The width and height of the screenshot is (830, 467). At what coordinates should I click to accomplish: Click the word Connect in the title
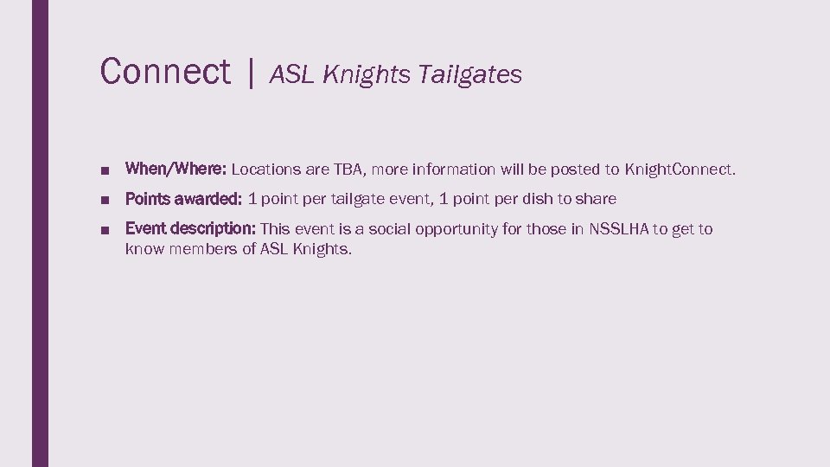(165, 71)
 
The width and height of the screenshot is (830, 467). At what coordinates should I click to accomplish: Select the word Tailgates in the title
(469, 75)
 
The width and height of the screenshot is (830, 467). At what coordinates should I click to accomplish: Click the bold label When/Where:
(176, 169)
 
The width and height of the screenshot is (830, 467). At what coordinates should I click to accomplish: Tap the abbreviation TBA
(350, 170)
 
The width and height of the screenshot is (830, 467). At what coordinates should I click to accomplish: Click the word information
(455, 170)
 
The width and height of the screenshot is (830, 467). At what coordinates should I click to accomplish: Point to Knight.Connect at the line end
(680, 170)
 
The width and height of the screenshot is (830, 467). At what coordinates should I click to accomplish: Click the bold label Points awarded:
(183, 199)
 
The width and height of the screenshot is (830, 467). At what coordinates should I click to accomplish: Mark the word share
(596, 199)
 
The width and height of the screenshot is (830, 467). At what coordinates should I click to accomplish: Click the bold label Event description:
(190, 229)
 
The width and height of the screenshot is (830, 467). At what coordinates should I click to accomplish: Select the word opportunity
(457, 229)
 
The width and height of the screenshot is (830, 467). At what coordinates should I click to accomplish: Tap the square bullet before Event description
(104, 230)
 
